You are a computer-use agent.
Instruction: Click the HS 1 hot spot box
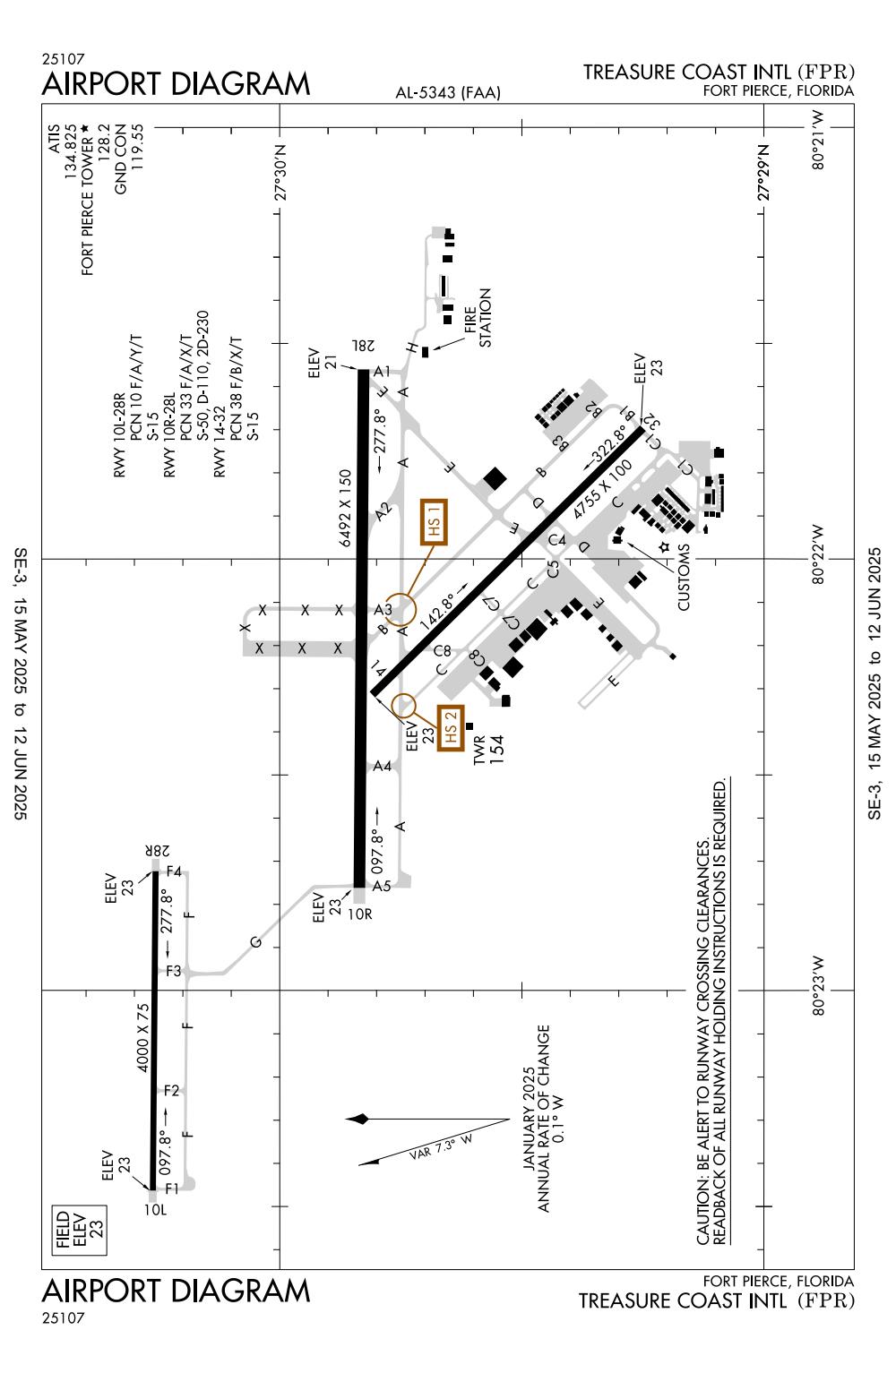(x=434, y=522)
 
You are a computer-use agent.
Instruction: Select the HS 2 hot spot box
(x=451, y=728)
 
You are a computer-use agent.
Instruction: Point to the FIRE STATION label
(x=478, y=318)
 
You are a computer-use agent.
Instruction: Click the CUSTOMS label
(x=683, y=577)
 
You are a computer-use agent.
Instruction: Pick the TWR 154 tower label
(x=489, y=749)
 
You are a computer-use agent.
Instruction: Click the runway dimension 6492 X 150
(x=345, y=508)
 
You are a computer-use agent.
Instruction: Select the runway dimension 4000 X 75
(x=142, y=1037)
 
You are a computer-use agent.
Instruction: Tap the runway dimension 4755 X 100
(x=601, y=490)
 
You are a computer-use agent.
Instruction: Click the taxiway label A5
(x=382, y=886)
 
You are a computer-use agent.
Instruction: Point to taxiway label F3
(x=174, y=971)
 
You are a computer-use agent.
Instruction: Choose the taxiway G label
(x=256, y=942)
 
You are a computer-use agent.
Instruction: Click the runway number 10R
(x=360, y=914)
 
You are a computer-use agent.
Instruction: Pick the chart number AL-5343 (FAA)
(x=448, y=92)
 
